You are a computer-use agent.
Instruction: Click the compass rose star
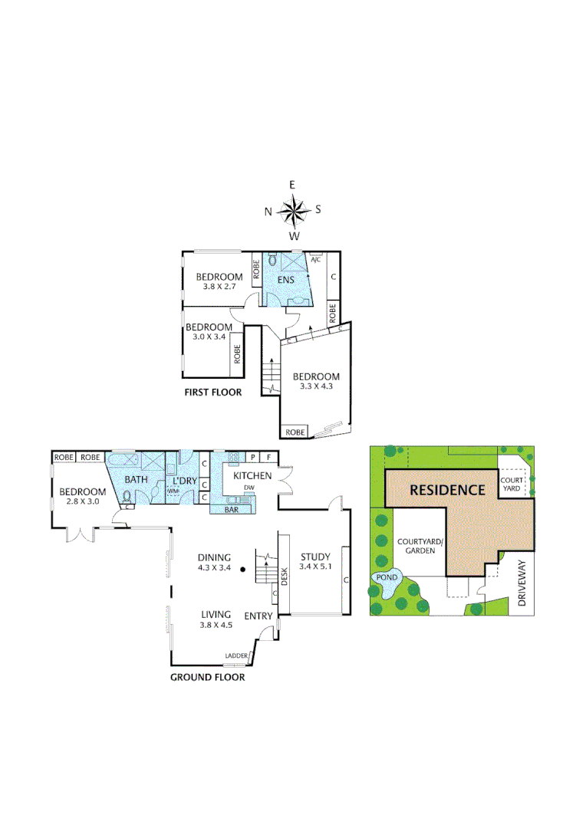(x=293, y=209)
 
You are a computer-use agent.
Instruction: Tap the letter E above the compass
(x=292, y=185)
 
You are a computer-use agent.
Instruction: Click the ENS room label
(x=287, y=280)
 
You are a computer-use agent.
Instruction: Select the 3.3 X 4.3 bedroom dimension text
(x=316, y=388)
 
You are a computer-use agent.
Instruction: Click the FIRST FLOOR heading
(x=213, y=393)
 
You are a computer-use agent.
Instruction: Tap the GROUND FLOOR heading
(x=207, y=677)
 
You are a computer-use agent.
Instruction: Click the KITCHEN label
(x=248, y=476)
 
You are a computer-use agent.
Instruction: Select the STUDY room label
(x=314, y=557)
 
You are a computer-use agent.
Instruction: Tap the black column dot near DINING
(x=242, y=569)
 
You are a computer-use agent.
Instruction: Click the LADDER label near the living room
(x=235, y=655)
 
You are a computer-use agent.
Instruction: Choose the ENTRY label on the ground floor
(x=258, y=616)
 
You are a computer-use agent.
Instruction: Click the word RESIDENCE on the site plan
(x=447, y=490)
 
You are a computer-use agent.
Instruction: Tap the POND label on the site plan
(x=386, y=577)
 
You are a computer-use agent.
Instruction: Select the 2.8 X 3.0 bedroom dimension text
(x=83, y=503)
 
